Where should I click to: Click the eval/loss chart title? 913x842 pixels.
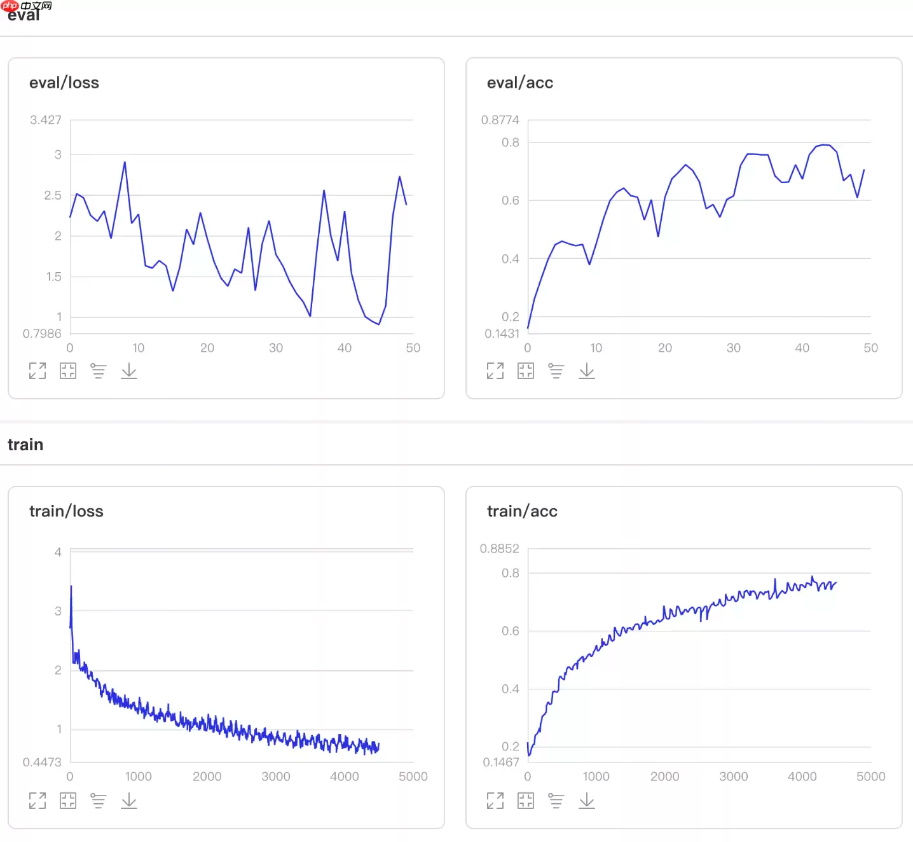(64, 83)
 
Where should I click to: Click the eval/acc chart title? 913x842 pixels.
(519, 83)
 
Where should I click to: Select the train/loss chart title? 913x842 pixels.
(66, 511)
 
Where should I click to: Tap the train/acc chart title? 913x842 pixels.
(522, 511)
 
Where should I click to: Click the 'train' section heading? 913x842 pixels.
(25, 445)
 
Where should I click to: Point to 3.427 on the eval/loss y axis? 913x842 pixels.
(46, 120)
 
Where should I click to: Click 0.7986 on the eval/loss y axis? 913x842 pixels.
(42, 333)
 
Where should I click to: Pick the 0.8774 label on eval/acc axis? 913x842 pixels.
(500, 120)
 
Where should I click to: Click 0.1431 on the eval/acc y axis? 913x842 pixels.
(502, 333)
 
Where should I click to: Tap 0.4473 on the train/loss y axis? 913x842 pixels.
(42, 762)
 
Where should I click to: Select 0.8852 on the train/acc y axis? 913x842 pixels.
(499, 548)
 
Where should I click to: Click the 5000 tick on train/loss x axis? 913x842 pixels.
(413, 776)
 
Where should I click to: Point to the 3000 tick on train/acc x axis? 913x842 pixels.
(733, 776)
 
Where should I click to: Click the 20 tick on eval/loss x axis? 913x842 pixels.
(207, 348)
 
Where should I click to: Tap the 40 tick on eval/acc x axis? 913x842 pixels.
(802, 348)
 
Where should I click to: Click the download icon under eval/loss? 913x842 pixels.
(129, 371)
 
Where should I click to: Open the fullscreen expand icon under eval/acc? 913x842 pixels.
(495, 371)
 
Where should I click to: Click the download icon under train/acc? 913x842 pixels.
(587, 800)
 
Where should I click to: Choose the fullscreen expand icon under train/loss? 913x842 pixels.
(38, 800)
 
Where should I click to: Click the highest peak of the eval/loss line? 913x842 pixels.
(125, 162)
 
